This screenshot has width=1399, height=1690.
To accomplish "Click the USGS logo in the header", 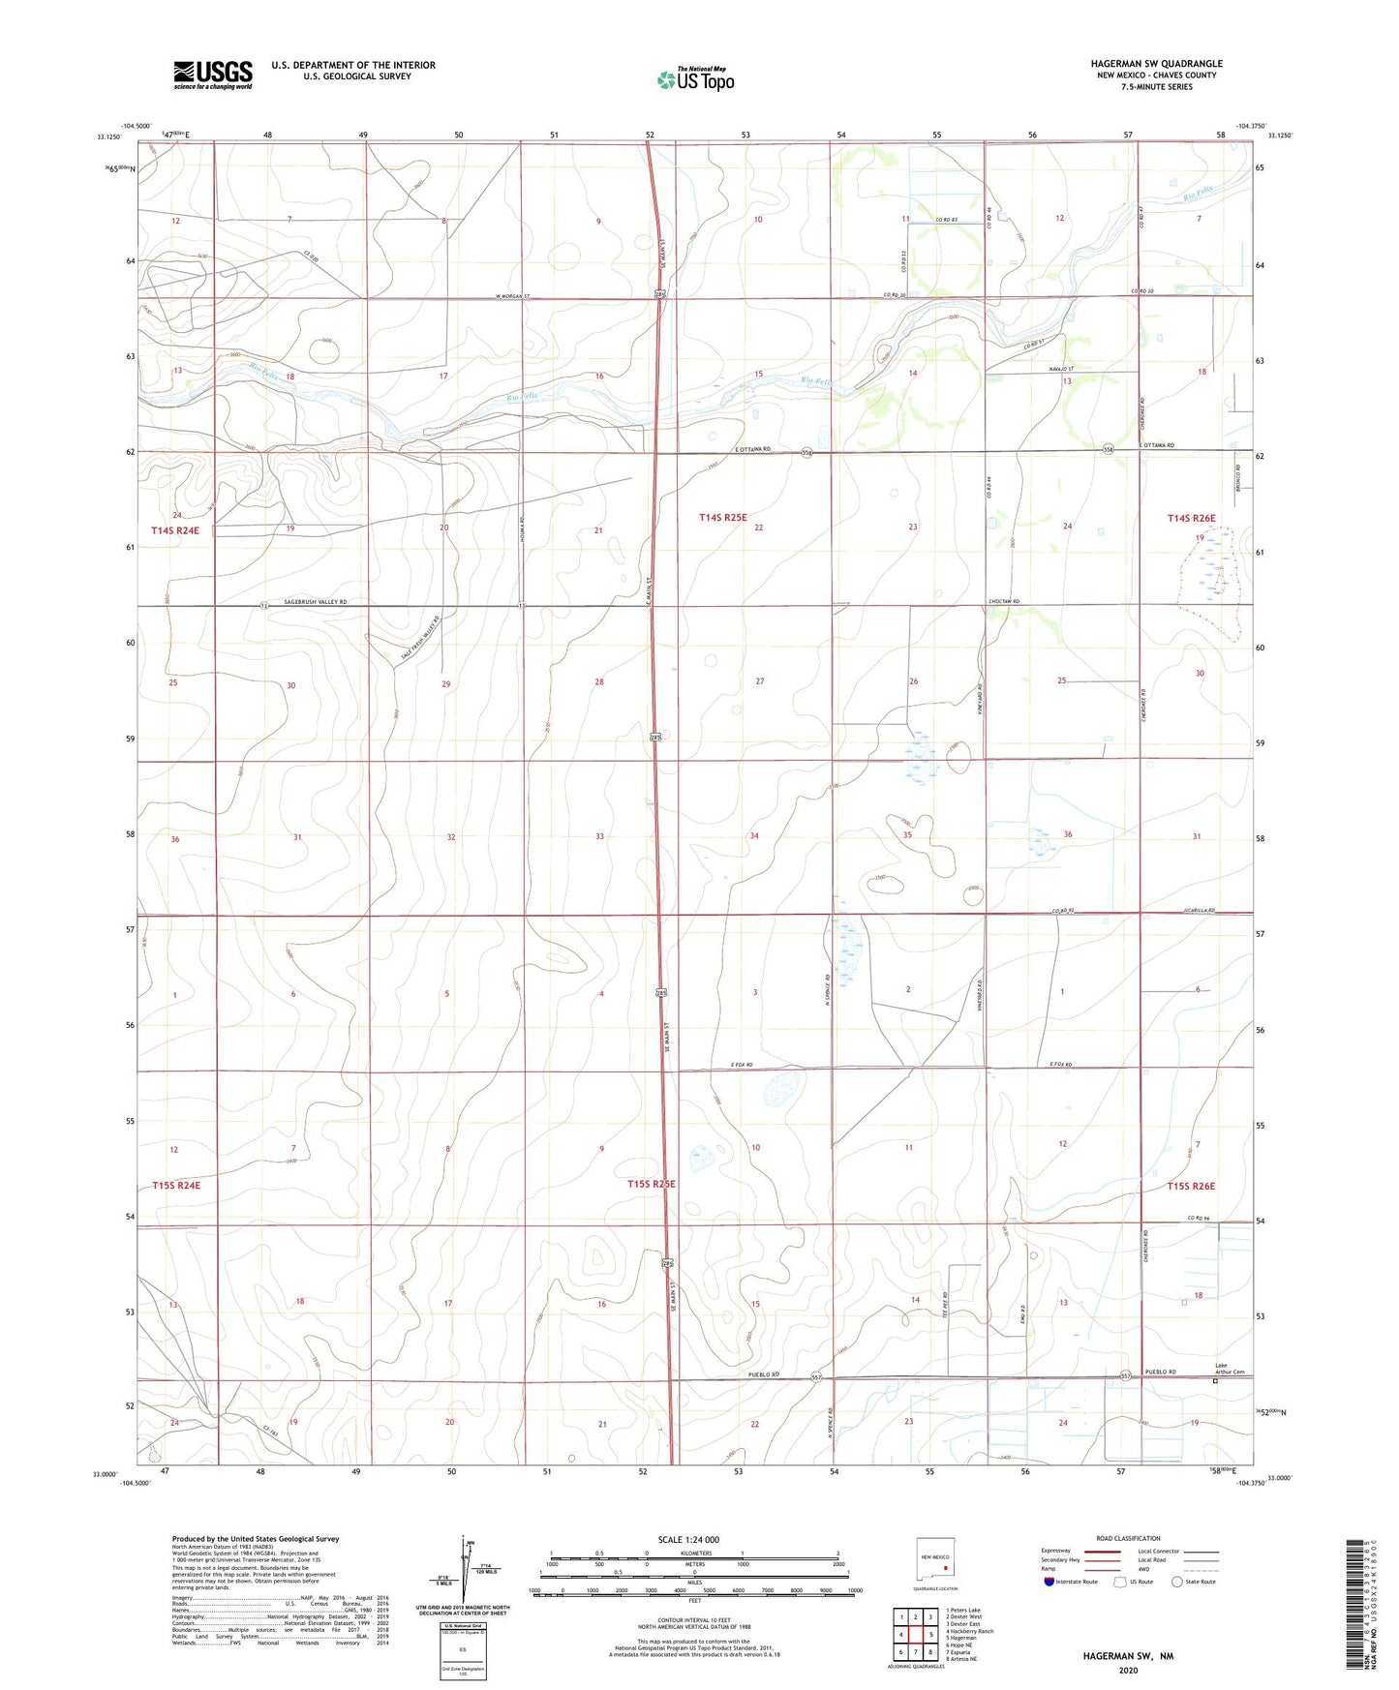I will [212, 75].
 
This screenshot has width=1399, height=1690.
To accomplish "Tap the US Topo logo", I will [694, 79].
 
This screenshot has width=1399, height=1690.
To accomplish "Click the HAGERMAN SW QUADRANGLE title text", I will [1156, 64].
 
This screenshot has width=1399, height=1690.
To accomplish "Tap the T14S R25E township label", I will [722, 518].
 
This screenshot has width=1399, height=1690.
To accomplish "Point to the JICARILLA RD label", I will [1199, 911].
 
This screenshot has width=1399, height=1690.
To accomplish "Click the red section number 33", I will [599, 836].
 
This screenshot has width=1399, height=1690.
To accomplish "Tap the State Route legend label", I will [1200, 1582].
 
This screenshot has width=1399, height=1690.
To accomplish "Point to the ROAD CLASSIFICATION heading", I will [1128, 1538].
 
